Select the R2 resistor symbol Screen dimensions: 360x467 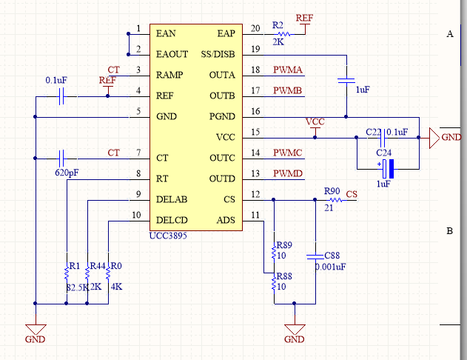coord(281,33)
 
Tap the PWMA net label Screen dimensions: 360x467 coord(287,70)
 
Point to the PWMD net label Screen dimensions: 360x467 coord(287,173)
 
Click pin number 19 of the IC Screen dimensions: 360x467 coord(256,50)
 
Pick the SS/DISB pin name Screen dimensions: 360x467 coord(218,55)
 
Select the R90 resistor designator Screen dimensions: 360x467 coord(332,191)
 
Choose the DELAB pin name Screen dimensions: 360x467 coord(172,199)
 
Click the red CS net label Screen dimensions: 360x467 coord(352,194)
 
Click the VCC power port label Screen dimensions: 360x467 coord(315,121)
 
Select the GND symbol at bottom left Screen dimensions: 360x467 coord(35,330)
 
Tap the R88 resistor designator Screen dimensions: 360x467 coord(283,276)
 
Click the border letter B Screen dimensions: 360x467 coord(449,231)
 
